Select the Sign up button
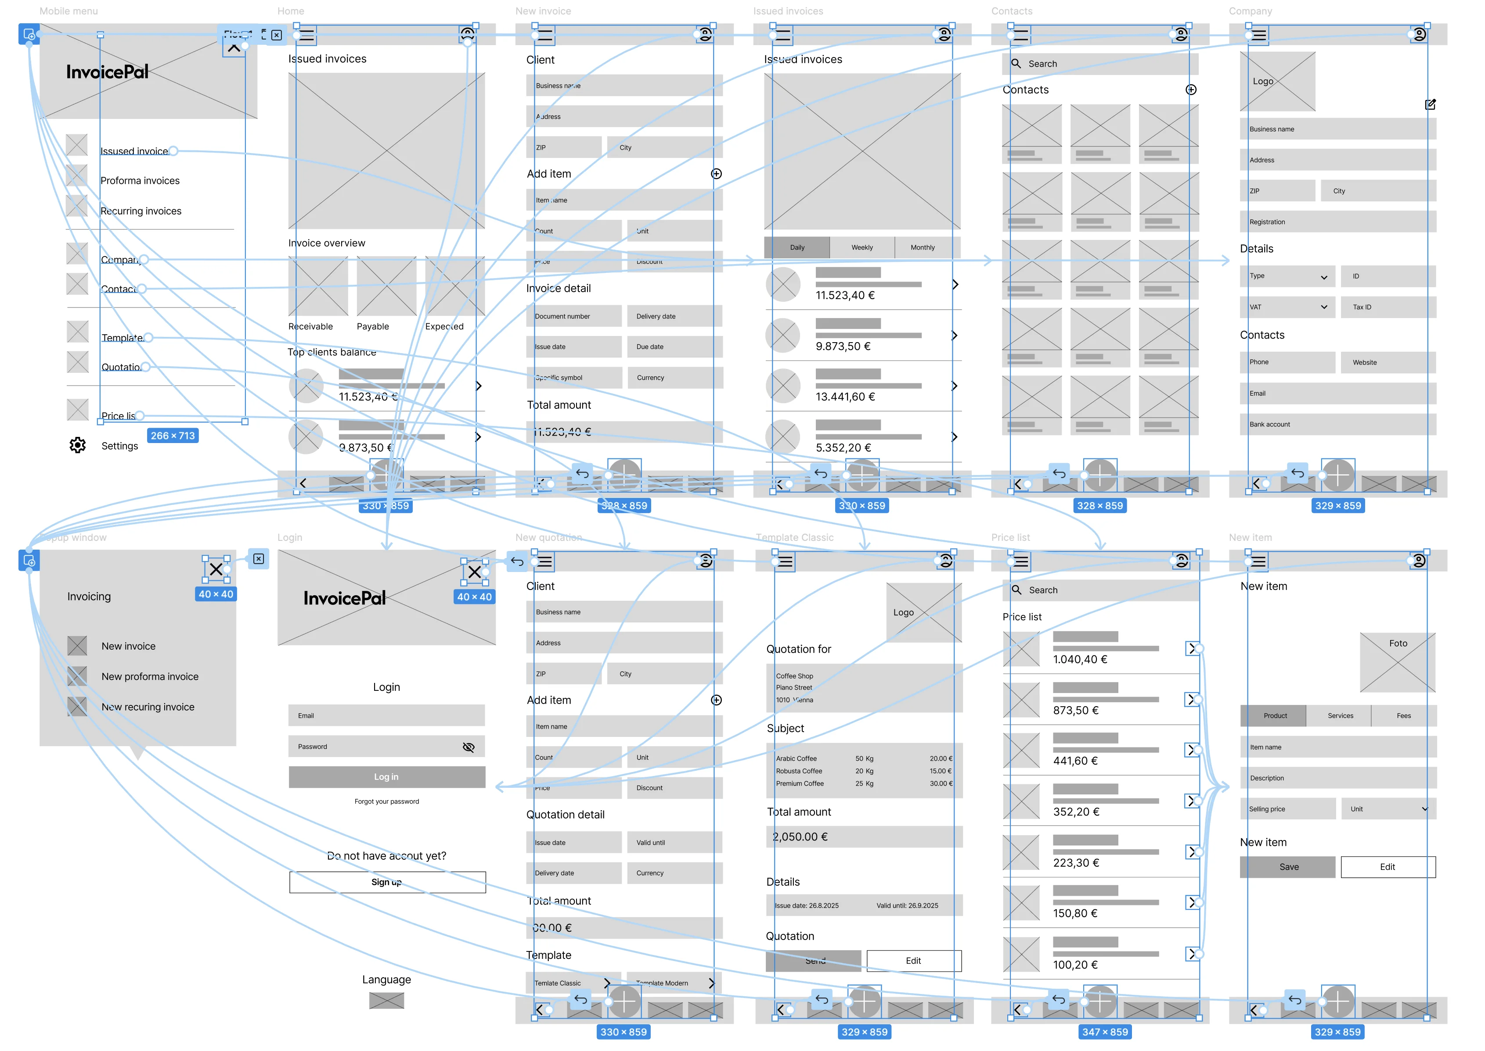[x=387, y=882]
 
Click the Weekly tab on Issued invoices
[x=862, y=247]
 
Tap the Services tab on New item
[x=1340, y=716]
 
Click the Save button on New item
[x=1288, y=867]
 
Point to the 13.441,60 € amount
[x=845, y=397]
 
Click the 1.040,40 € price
[x=1080, y=659]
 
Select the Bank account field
[x=1337, y=425]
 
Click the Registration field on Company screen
[x=1337, y=222]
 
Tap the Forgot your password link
[x=387, y=801]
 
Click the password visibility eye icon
[x=469, y=747]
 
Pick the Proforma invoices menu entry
[x=140, y=181]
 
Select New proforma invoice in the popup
[x=150, y=676]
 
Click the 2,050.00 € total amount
[x=800, y=837]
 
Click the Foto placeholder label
[x=1398, y=643]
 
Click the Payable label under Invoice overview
[x=373, y=326]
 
